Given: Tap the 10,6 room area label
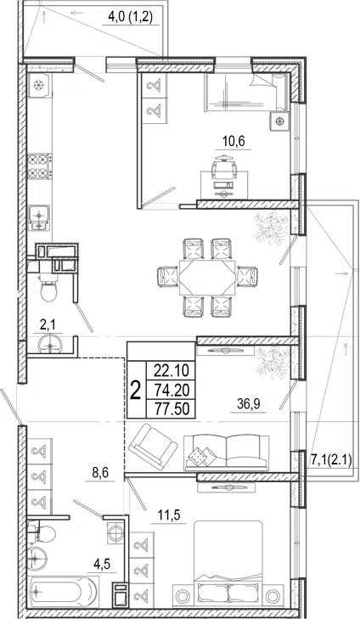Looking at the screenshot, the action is click(233, 141).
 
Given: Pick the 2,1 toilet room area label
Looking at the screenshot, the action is click(48, 325).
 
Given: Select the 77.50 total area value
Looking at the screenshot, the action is click(172, 408).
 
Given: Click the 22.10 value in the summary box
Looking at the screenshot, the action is click(172, 371).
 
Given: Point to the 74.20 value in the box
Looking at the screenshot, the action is click(172, 390).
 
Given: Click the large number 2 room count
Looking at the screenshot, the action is click(135, 391).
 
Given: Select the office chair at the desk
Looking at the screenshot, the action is click(223, 168).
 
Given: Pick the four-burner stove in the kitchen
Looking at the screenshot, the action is click(40, 166).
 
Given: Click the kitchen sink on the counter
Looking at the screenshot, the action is click(39, 218).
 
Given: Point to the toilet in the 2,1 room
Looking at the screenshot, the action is click(48, 289).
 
